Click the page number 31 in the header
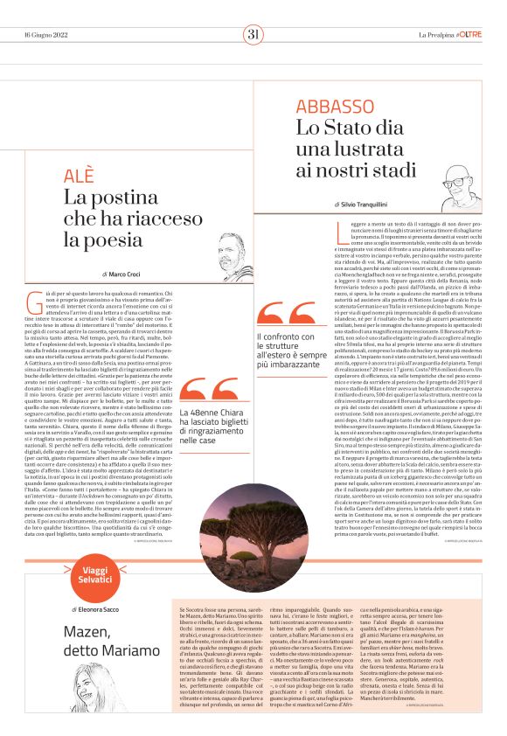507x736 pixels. coord(253,35)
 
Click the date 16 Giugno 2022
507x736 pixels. coord(45,35)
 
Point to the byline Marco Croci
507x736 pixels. coord(126,274)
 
